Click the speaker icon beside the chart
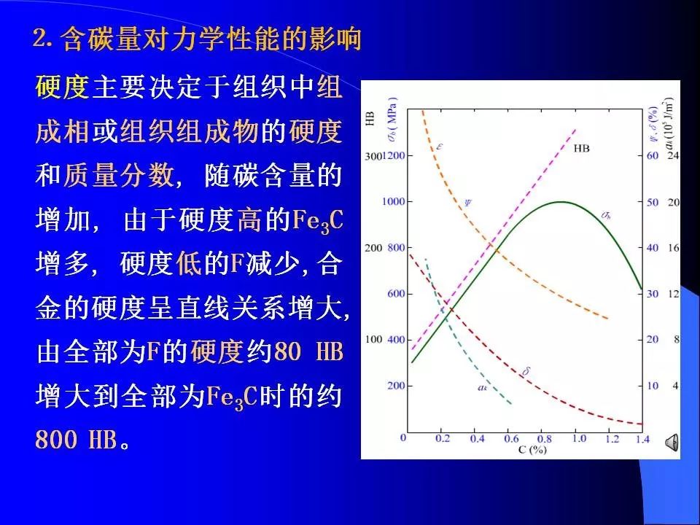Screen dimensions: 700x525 point(672,443)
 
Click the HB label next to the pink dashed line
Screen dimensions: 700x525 point(581,149)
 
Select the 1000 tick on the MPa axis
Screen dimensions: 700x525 point(394,201)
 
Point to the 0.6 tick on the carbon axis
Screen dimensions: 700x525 point(511,439)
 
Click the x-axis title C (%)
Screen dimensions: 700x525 point(532,450)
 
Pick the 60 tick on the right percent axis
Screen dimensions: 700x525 point(653,155)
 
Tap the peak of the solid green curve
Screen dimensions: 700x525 point(561,202)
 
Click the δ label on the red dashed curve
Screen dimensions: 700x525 point(526,371)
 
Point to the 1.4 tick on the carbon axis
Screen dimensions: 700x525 point(642,439)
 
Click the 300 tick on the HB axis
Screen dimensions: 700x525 point(373,156)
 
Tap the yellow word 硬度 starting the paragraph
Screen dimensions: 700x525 point(63,87)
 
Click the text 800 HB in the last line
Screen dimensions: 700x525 point(77,439)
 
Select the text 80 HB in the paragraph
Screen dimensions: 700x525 point(308,351)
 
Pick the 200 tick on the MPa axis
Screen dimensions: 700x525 point(397,385)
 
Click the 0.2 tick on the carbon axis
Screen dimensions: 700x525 point(443,439)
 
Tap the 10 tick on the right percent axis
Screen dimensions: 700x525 point(653,385)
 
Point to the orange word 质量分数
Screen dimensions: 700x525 point(117,175)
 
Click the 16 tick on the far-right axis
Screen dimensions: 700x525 point(673,247)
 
